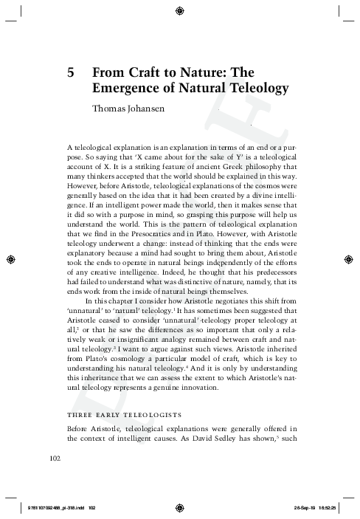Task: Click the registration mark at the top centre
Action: pos(180,10)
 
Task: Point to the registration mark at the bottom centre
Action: pos(180,508)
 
